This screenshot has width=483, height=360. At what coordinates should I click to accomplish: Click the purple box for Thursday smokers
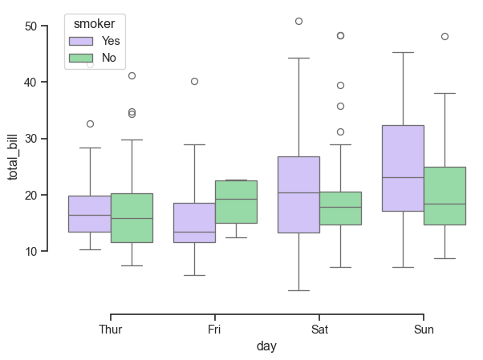click(90, 213)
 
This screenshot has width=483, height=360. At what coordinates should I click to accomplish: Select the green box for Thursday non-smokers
click(132, 217)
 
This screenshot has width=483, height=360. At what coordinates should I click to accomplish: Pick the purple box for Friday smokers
click(194, 222)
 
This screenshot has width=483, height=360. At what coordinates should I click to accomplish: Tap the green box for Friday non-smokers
click(236, 201)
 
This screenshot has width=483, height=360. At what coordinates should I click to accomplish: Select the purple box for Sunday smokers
click(403, 168)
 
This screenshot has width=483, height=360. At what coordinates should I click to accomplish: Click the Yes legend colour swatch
click(82, 41)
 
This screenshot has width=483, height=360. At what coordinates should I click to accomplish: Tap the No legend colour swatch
click(82, 58)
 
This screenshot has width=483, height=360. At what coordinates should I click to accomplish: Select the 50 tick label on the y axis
click(31, 26)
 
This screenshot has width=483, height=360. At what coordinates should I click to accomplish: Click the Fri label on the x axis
click(215, 330)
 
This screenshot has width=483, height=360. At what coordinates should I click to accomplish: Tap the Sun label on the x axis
click(424, 330)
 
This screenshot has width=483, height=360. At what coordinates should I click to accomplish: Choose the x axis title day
click(267, 346)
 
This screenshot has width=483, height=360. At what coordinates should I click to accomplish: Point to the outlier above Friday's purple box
click(194, 81)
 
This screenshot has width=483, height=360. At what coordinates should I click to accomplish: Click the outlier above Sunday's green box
click(444, 36)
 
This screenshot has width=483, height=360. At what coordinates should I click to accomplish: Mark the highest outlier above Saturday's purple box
click(298, 21)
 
